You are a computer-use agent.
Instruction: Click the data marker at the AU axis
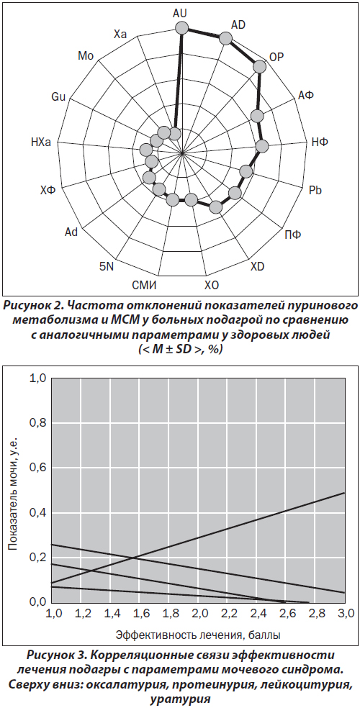(x=181, y=28)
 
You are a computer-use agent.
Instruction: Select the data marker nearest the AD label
(x=225, y=39)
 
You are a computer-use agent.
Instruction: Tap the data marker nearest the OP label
(x=259, y=66)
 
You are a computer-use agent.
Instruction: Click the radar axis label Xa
(x=120, y=34)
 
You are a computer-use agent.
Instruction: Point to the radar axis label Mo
(x=85, y=55)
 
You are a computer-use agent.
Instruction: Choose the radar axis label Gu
(x=59, y=96)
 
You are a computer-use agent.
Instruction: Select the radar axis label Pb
(x=315, y=191)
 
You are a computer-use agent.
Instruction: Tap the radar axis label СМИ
(x=144, y=286)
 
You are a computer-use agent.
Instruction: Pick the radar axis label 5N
(x=107, y=266)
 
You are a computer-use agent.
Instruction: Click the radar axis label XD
(x=257, y=266)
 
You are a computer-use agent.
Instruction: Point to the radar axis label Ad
(x=71, y=232)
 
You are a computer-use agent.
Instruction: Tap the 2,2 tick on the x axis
(x=228, y=614)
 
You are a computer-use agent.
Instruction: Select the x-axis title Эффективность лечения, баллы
(x=198, y=635)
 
